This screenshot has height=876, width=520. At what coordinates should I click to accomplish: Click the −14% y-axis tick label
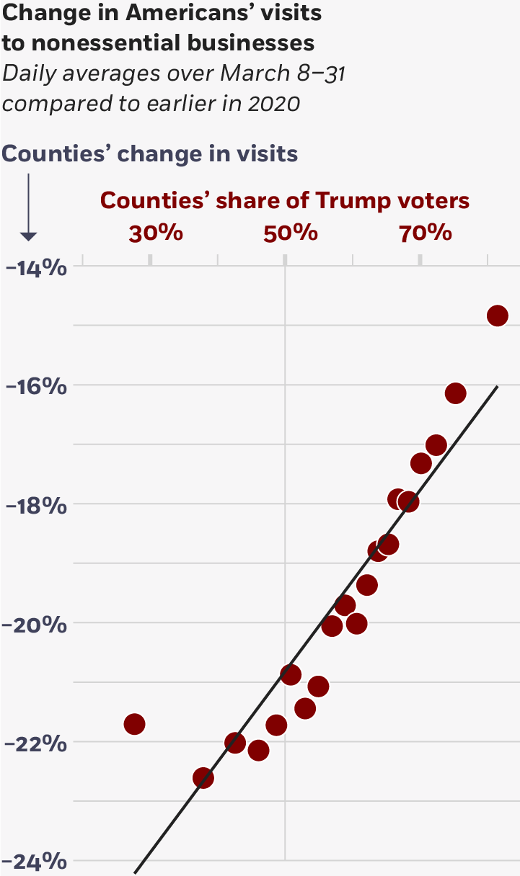pyautogui.click(x=36, y=268)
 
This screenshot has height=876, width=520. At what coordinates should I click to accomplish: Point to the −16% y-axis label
pyautogui.click(x=36, y=387)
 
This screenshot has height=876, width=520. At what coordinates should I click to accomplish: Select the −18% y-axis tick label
pyautogui.click(x=36, y=506)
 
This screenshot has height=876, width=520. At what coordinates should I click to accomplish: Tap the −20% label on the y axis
pyautogui.click(x=36, y=625)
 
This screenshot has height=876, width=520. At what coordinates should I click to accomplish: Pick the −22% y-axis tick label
pyautogui.click(x=36, y=743)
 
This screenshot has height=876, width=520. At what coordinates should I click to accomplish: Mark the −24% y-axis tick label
pyautogui.click(x=36, y=862)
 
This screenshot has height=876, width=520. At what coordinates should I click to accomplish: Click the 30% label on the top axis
pyautogui.click(x=155, y=233)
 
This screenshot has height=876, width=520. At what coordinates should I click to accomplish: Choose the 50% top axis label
pyautogui.click(x=291, y=233)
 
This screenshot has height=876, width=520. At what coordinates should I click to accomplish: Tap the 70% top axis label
pyautogui.click(x=426, y=233)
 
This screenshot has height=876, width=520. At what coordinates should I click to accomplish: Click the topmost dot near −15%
pyautogui.click(x=498, y=316)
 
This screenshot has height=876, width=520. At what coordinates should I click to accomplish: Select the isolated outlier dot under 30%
pyautogui.click(x=135, y=724)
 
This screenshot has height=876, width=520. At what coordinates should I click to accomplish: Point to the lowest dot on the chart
pyautogui.click(x=203, y=778)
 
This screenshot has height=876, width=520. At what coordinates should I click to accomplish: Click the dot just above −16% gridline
pyautogui.click(x=455, y=393)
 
